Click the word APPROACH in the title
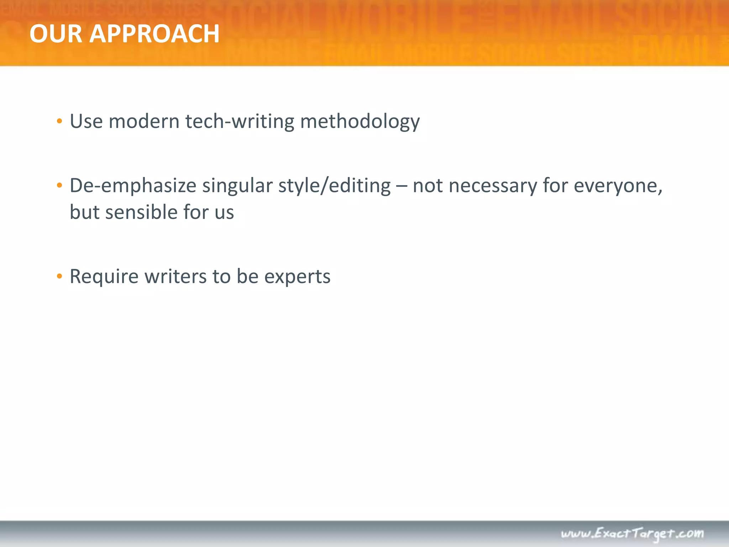[x=154, y=34]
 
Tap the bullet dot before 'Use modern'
[x=59, y=121]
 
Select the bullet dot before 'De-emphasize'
[x=59, y=185]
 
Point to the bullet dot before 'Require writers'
[x=59, y=276]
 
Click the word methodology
[x=360, y=121]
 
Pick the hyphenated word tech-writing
[x=240, y=121]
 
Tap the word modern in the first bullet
[x=144, y=121]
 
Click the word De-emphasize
[x=133, y=186]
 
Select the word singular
[x=237, y=186]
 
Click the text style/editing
[x=334, y=186]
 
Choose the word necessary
[x=493, y=186]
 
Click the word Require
[x=104, y=276]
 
